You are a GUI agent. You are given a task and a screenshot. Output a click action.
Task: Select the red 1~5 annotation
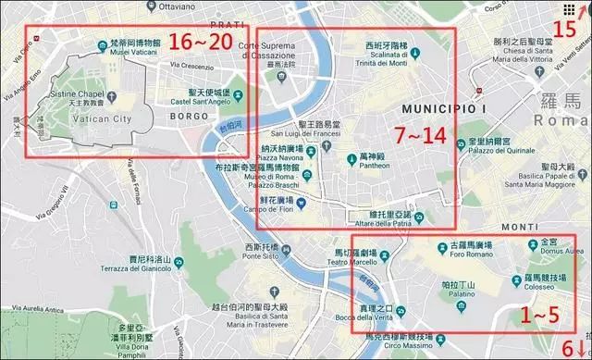point(540,314)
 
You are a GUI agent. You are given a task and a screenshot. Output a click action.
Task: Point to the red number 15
point(564,27)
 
